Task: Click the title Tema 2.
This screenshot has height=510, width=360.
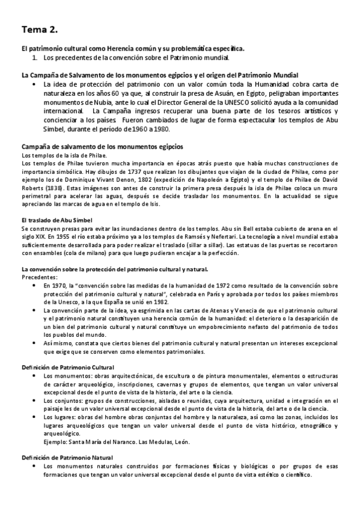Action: (41, 28)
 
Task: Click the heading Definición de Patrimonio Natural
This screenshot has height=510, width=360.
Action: (66, 459)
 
